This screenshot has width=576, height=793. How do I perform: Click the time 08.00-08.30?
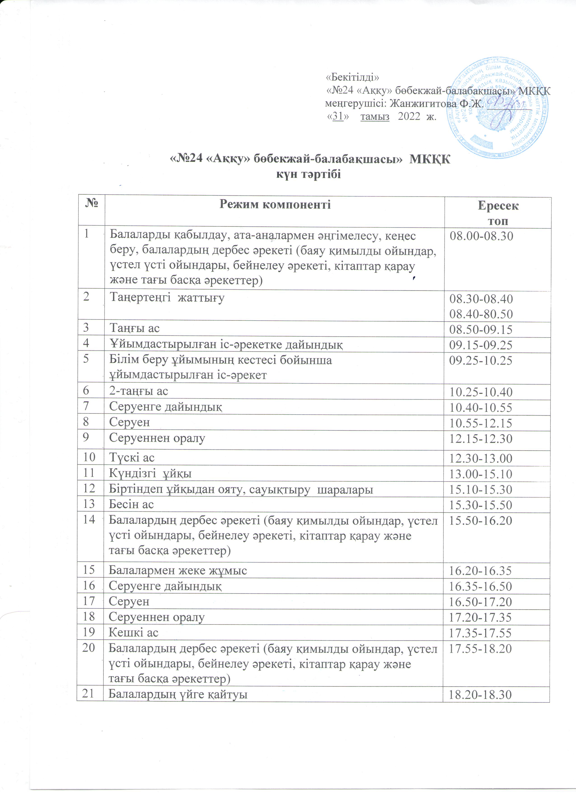click(x=481, y=236)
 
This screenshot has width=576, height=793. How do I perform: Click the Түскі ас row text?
click(x=132, y=458)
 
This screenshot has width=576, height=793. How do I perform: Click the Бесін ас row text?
click(x=131, y=504)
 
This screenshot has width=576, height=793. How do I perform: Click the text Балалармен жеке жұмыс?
click(x=178, y=571)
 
